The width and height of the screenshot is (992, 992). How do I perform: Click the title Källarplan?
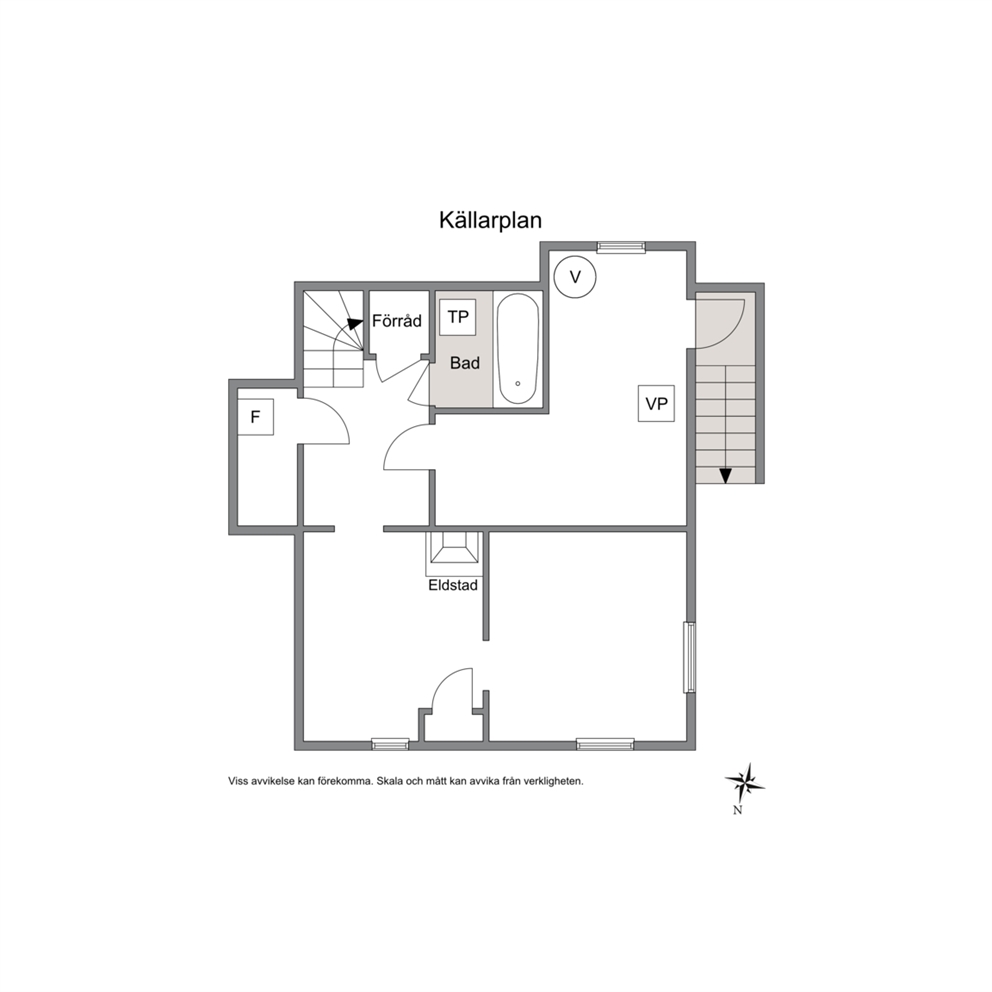coord(490,220)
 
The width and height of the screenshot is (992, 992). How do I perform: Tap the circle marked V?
coord(574,276)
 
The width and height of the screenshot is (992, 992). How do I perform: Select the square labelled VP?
coord(656,404)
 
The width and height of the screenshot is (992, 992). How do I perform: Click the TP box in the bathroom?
coord(458,317)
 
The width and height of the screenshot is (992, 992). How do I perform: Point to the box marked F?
coord(256,417)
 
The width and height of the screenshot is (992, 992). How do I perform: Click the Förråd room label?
coord(397,320)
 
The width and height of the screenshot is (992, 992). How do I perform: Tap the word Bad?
coord(465,363)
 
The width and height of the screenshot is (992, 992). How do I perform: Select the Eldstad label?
coord(453,585)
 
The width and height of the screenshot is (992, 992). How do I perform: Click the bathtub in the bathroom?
coord(518,349)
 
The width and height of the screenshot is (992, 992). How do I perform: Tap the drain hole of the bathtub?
coord(518,383)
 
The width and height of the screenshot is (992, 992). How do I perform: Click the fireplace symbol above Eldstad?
coord(454,548)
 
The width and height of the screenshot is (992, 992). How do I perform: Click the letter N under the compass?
coord(737,810)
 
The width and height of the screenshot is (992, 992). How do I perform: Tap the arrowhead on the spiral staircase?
coord(355,323)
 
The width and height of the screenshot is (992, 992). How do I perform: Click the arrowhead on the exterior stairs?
coord(726,476)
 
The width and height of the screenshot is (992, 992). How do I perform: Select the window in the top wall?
coord(621,247)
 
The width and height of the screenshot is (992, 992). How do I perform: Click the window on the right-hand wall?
coord(690,657)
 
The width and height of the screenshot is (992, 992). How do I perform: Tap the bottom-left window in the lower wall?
coord(390,744)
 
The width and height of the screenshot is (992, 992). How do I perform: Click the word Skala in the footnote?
coord(389,781)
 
